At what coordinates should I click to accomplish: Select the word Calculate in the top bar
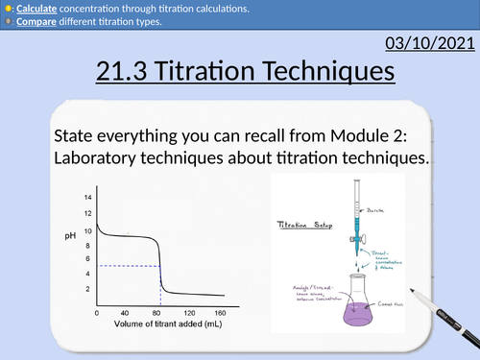point(39,9)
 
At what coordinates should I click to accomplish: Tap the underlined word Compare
point(37,21)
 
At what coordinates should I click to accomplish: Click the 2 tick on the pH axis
point(89,289)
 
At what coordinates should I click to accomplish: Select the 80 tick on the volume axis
point(158,312)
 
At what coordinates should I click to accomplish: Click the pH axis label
point(71,234)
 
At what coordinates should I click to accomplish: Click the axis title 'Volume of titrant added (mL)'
point(159,324)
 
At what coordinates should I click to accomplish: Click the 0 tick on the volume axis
point(96,312)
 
